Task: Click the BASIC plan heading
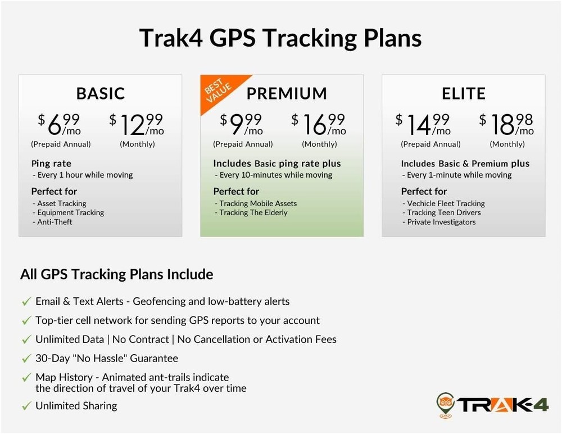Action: [x=101, y=93]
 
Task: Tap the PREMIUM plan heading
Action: [x=287, y=93]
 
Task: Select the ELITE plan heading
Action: [x=464, y=93]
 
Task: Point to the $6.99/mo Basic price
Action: [x=60, y=124]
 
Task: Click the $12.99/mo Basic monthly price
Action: [x=137, y=124]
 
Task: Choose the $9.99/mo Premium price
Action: [x=242, y=124]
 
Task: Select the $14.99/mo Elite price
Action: [x=423, y=124]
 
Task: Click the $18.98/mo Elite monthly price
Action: [x=506, y=124]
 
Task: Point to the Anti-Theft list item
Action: [x=55, y=222]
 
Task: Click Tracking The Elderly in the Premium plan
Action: [x=253, y=213]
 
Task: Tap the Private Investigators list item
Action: [x=441, y=222]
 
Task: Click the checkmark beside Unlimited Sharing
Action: [x=26, y=406]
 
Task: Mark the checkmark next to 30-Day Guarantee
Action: [x=26, y=359]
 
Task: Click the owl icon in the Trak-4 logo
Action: [x=446, y=404]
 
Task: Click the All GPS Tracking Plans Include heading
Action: [x=117, y=274]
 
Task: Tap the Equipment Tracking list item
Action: [x=70, y=213]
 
